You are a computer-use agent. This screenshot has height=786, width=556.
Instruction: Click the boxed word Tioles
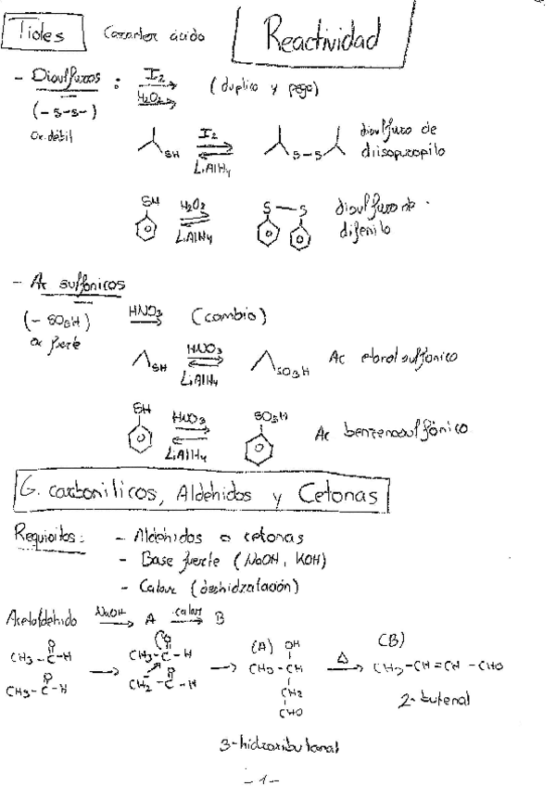click(x=38, y=35)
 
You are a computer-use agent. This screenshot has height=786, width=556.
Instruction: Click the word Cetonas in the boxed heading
click(x=338, y=498)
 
